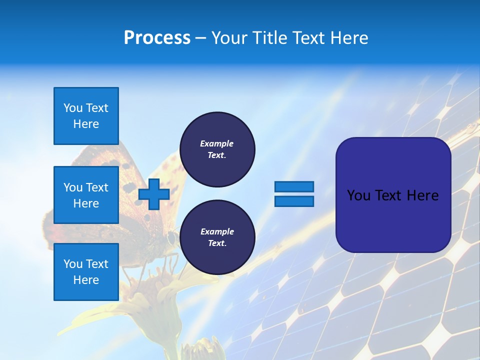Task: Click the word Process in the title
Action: [157, 38]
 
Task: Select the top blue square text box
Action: [86, 116]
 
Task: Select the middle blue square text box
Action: [86, 195]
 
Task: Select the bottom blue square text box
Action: [86, 272]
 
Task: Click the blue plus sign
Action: [154, 194]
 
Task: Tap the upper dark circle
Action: [217, 149]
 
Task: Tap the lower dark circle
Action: [217, 237]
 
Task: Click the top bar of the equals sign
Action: [294, 186]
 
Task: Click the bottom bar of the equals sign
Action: [294, 201]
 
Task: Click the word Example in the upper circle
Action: [217, 143]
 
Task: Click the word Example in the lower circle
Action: [217, 231]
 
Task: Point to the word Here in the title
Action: [349, 38]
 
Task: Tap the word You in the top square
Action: [73, 108]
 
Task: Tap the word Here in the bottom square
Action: [86, 280]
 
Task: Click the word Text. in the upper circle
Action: [217, 155]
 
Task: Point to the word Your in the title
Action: [229, 38]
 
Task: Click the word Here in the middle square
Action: [86, 203]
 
